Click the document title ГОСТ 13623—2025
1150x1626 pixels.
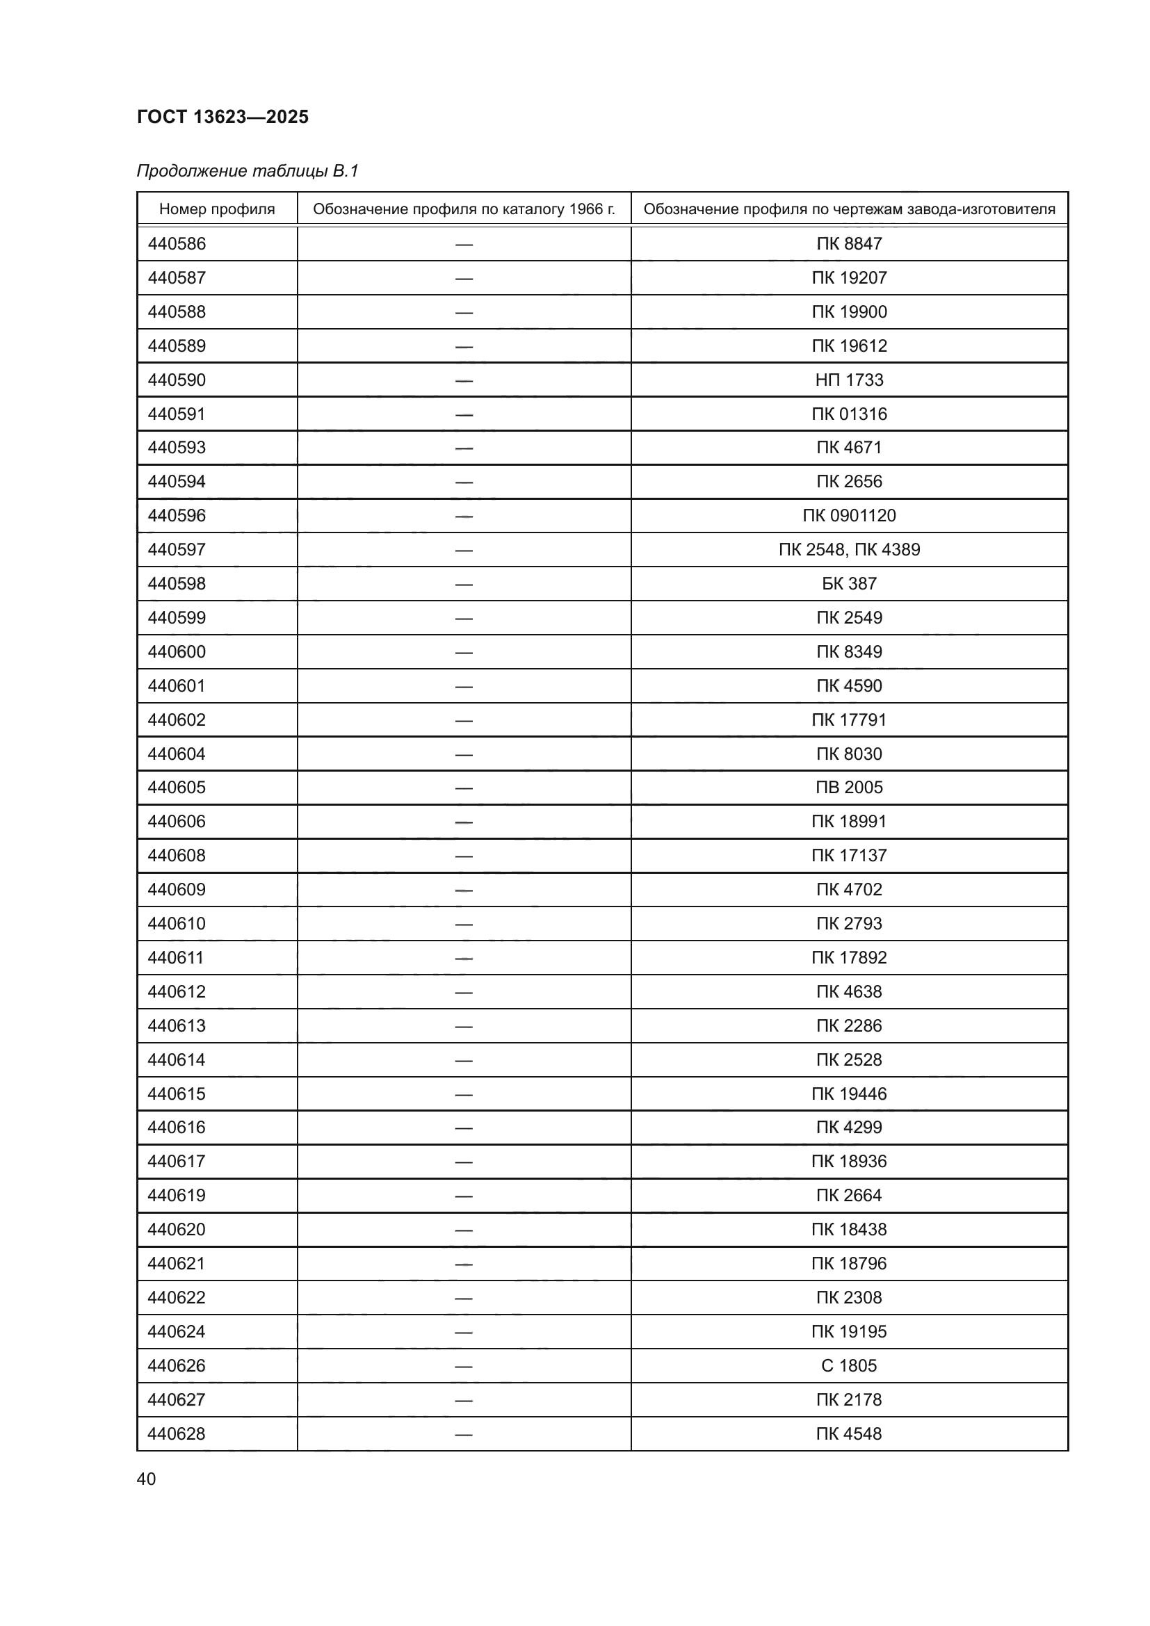coord(222,117)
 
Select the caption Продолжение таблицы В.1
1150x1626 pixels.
coord(247,171)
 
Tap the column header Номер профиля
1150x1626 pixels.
coord(217,209)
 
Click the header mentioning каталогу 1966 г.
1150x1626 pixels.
coord(464,209)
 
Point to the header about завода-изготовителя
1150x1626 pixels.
coord(849,209)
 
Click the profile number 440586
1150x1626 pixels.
coord(177,243)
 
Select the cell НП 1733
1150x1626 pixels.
coord(849,380)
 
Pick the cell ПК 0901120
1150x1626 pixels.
coord(849,516)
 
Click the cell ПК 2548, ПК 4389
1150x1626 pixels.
coord(849,550)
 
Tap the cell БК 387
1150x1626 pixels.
coord(849,583)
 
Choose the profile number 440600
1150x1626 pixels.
coord(177,651)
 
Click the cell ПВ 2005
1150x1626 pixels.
coord(849,788)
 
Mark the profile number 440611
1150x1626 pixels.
coord(176,957)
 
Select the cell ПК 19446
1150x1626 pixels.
coord(849,1094)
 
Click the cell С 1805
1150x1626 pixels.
coord(849,1365)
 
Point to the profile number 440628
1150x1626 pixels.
coord(177,1433)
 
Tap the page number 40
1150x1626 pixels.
coord(146,1479)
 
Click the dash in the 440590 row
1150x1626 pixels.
coord(464,380)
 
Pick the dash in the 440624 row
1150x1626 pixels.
coord(464,1332)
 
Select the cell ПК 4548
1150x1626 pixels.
coord(849,1433)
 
